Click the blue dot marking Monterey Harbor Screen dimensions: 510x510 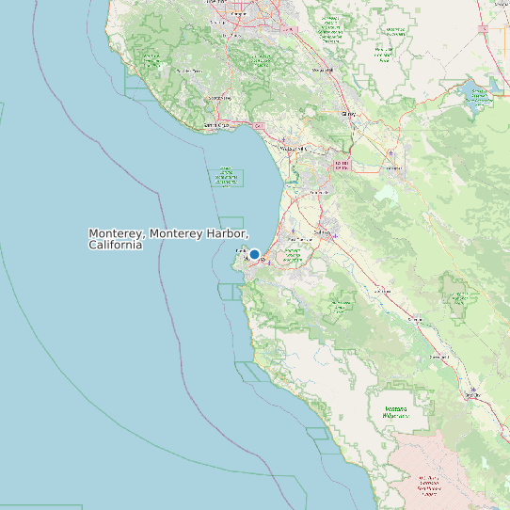(x=254, y=254)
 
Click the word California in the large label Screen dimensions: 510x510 (x=116, y=245)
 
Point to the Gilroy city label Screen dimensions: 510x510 (x=349, y=114)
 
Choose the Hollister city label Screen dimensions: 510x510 (x=392, y=169)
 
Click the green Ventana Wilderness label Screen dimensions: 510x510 (x=402, y=412)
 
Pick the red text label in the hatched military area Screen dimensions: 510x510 (x=429, y=486)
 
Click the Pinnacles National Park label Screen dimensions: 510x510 (x=459, y=299)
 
